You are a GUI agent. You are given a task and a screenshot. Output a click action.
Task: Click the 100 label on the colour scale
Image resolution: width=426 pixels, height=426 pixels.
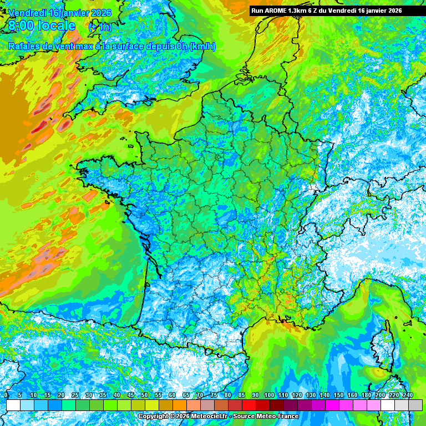pyautogui.click(x=269, y=395)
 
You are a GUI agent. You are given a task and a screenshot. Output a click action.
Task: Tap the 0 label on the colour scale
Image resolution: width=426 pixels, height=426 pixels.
pyautogui.click(x=6, y=395)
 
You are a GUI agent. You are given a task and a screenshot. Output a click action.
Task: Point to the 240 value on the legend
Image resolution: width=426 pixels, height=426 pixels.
pyautogui.click(x=408, y=395)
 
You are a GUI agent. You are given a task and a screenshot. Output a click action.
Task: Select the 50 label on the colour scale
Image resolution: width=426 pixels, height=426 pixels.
pyautogui.click(x=144, y=395)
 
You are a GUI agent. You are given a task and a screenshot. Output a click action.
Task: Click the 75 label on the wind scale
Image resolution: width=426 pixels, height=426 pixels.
pyautogui.click(x=214, y=395)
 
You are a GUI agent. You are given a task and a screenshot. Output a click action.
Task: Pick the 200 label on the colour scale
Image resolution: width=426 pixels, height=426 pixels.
pyautogui.click(x=380, y=395)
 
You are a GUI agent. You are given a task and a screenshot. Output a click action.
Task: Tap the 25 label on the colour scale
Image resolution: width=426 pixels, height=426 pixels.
pyautogui.click(x=75, y=395)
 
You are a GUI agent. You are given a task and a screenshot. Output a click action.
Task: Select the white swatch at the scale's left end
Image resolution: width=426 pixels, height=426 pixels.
pyautogui.click(x=13, y=405)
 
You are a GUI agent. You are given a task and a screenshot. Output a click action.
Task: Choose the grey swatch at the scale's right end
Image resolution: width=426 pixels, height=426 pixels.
pyautogui.click(x=415, y=405)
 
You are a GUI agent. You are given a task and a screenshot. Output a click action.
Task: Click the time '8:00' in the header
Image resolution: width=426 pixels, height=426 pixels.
pyautogui.click(x=21, y=26)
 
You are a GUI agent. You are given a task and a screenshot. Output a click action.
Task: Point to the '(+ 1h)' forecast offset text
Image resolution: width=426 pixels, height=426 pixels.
pyautogui.click(x=99, y=27)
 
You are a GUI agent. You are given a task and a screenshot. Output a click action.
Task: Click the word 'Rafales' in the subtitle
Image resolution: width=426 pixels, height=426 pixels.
pyautogui.click(x=24, y=46)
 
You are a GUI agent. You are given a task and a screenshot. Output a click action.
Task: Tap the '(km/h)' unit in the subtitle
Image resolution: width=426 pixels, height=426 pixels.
pyautogui.click(x=202, y=46)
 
